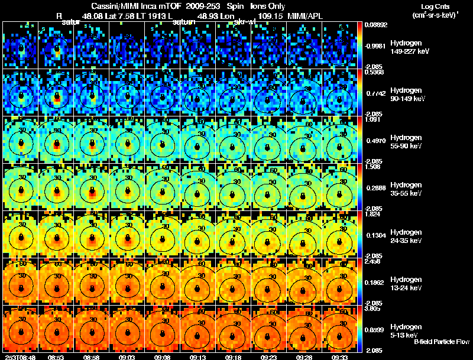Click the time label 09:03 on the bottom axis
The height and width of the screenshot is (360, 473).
pos(127,357)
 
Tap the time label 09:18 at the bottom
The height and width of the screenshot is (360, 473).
pos(235,357)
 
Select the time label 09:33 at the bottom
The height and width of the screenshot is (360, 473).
pos(341,357)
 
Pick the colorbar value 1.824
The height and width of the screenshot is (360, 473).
pos(373,215)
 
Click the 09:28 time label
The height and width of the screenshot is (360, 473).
pos(306,357)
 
